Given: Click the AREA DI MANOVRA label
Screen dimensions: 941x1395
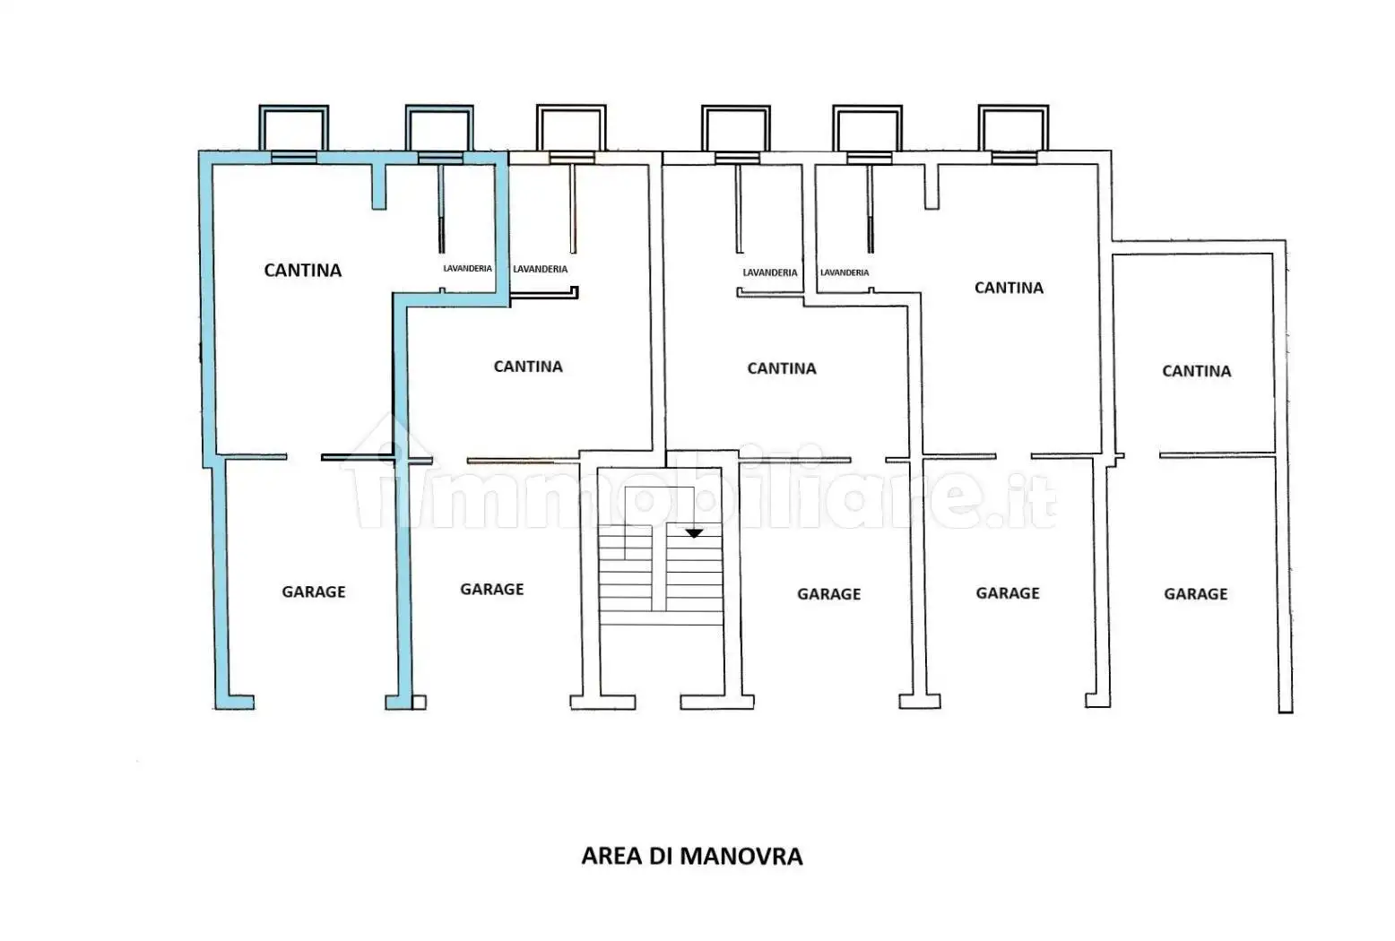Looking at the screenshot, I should click(x=691, y=856).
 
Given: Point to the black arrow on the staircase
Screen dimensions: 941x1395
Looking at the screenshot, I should click(x=694, y=533).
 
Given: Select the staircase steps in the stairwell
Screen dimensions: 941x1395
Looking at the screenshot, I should click(x=661, y=574).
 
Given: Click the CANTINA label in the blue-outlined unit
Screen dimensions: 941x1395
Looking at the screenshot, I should click(x=302, y=270).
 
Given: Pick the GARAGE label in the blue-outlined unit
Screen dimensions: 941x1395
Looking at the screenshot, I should click(x=314, y=591).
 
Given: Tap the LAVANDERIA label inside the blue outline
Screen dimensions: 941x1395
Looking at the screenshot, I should click(x=467, y=269).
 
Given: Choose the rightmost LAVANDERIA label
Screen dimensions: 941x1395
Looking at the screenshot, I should click(x=845, y=272).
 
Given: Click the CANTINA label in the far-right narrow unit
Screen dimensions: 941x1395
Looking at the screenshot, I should click(x=1196, y=371).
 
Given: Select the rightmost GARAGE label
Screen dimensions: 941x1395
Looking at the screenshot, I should click(x=1195, y=593).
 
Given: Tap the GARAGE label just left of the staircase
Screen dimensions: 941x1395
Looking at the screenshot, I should click(x=491, y=589).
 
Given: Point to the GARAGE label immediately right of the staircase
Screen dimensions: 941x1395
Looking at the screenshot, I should click(x=828, y=593).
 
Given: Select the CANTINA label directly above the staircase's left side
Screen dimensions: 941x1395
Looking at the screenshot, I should click(x=528, y=367).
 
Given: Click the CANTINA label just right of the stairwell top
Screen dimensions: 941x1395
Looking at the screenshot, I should click(x=782, y=368).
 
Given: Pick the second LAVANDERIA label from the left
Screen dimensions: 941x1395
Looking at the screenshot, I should click(x=540, y=269).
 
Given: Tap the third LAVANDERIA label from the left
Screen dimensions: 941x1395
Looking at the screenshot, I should click(x=770, y=272).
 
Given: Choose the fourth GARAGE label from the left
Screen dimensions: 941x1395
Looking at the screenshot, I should click(x=1008, y=592).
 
